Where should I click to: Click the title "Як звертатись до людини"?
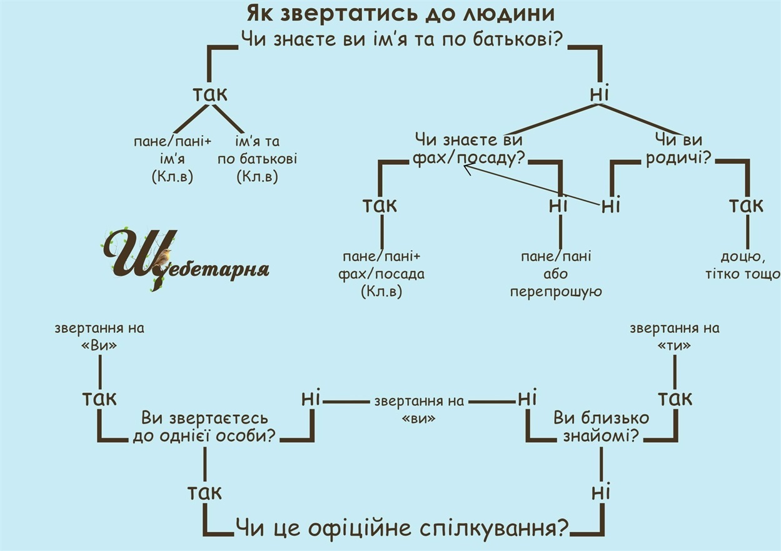coord(401,13)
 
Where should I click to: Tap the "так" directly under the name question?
coord(209,94)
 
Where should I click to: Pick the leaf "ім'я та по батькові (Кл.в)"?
coord(257,159)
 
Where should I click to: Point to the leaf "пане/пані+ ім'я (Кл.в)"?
coord(173,159)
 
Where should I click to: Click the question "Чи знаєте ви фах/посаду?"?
coord(468,149)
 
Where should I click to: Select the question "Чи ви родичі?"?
coord(680,149)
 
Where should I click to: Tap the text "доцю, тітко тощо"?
coord(742,265)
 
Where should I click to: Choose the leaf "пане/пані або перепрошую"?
coord(556,274)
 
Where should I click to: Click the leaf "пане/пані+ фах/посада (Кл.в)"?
coord(381,274)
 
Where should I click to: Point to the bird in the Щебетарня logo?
coord(164,257)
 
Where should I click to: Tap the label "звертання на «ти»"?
coord(675,336)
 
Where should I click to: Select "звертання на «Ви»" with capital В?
coord(99,336)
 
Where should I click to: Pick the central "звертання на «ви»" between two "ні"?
coord(418,409)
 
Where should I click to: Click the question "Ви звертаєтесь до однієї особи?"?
coord(204,427)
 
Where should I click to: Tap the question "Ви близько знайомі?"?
coord(601,427)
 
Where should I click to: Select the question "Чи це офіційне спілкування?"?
coord(402,529)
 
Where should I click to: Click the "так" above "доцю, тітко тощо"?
coord(747,205)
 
